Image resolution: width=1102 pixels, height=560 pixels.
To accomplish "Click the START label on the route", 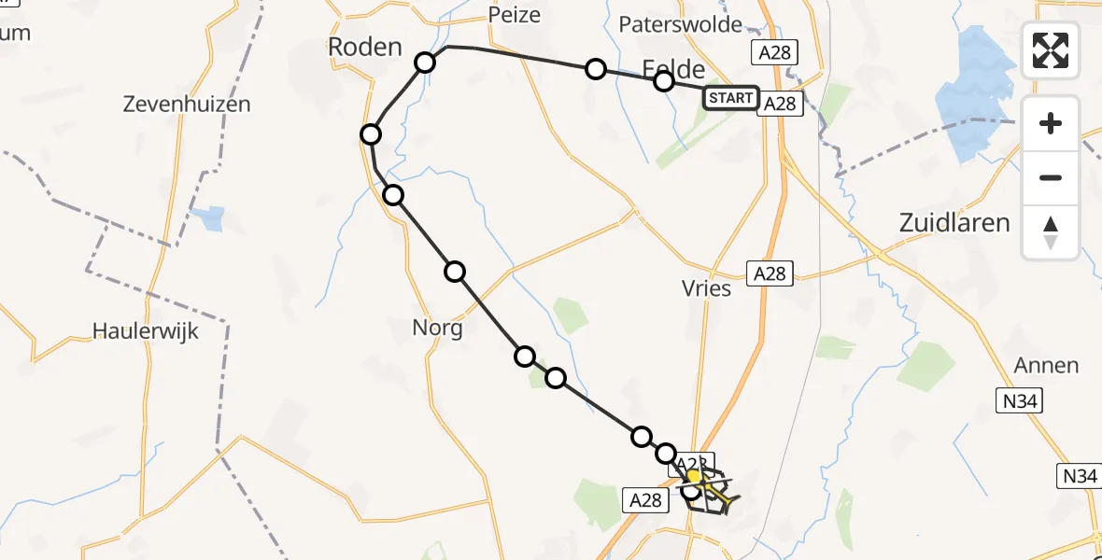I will [730, 98].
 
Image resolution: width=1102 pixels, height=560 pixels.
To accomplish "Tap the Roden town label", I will [364, 47].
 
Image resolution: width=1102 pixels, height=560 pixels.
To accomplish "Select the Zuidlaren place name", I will [954, 222].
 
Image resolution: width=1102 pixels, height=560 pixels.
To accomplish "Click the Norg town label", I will [437, 329].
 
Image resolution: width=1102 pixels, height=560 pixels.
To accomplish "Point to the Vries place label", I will [706, 288].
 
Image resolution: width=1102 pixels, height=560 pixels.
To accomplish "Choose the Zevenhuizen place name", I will [187, 104].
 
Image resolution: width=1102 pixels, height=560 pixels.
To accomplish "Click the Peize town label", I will [514, 16].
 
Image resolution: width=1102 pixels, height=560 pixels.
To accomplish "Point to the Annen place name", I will [1047, 365].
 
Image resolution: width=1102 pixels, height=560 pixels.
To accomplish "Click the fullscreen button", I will [1051, 50].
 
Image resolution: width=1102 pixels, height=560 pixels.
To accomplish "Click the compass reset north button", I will [1051, 232].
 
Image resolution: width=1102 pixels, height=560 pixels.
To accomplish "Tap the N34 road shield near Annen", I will [1017, 401].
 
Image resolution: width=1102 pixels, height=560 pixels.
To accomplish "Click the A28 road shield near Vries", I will [769, 273].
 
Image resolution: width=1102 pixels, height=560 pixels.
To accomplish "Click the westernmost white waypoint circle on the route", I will [371, 135].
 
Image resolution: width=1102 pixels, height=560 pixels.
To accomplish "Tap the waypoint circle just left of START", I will [663, 81].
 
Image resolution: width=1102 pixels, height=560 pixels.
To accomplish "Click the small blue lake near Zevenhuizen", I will [211, 218].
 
